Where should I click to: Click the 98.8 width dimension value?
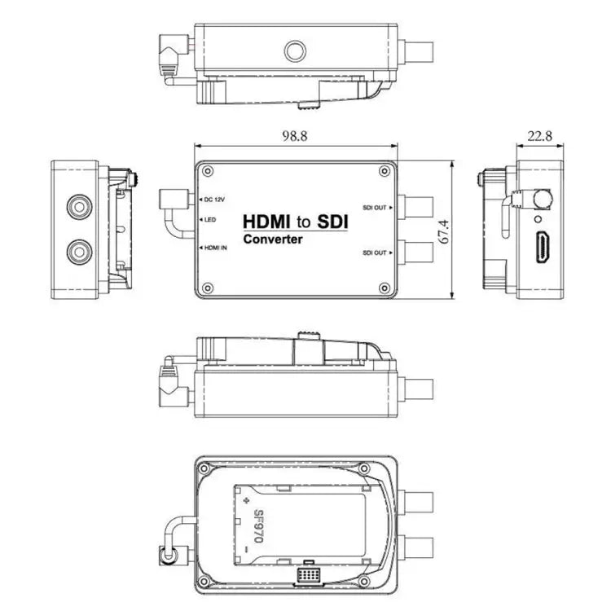295,135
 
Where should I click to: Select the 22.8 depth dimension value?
539,135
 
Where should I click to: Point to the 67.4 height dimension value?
444,231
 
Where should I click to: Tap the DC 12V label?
215,200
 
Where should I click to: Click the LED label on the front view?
210,220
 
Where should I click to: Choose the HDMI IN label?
216,248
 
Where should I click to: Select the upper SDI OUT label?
374,208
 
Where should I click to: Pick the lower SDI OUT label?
374,253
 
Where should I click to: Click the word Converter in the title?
272,240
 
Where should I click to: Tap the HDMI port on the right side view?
543,247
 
